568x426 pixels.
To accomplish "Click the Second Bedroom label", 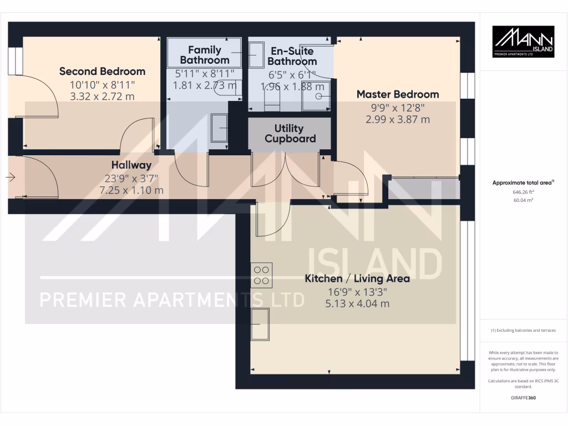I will tap(102, 72).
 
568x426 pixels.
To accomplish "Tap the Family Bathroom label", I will tap(205, 55).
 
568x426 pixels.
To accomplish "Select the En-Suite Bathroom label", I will tap(292, 56).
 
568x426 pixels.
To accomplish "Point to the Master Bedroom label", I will tap(398, 94).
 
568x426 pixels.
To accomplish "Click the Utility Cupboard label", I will tap(290, 134).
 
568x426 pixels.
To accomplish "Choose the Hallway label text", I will tap(131, 165).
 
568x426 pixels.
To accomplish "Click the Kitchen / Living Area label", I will tap(357, 278).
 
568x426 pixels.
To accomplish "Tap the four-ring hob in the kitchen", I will tap(262, 275).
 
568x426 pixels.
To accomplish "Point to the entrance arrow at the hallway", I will tap(11, 177).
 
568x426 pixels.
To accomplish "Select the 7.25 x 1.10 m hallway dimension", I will tap(131, 190).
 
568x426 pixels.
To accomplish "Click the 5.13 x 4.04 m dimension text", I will tap(357, 303).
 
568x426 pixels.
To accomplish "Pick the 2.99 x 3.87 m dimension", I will tap(398, 119).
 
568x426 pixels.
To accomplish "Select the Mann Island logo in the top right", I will tap(524, 42).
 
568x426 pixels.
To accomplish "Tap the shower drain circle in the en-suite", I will tap(319, 96).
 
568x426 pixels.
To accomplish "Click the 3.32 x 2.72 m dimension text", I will tap(102, 97).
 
